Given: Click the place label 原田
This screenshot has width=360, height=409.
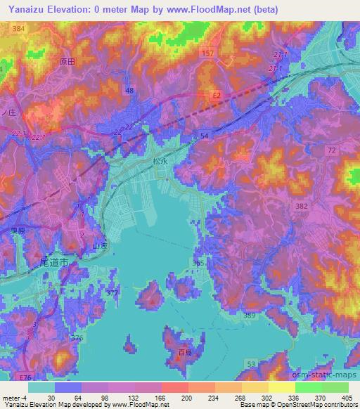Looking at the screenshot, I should click(67, 61).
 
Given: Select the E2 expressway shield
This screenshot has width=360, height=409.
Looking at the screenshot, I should click(217, 93).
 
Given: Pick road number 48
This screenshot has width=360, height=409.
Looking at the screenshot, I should click(129, 91).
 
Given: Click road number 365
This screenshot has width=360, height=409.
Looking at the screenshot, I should click(198, 262).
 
